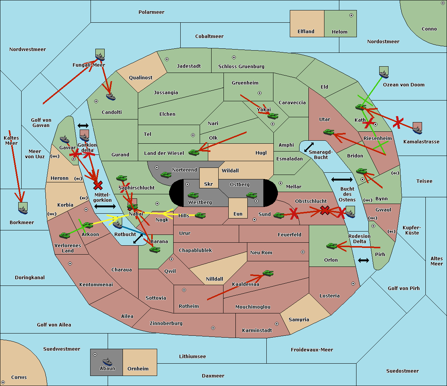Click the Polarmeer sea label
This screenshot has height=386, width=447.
point(151,12)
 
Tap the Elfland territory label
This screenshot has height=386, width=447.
point(306,32)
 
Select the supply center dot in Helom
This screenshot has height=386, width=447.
point(351,15)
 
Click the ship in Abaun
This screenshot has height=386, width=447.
point(107,361)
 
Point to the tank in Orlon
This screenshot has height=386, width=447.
point(332,246)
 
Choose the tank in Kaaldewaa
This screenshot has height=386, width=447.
point(268,273)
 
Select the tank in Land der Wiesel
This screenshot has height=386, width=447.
point(194,152)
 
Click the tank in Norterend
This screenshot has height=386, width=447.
point(166,175)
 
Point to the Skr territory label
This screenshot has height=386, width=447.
point(208,184)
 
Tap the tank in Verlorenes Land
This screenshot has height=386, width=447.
point(64,235)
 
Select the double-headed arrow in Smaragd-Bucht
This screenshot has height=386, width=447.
point(309,147)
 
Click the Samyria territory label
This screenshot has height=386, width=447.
point(299,320)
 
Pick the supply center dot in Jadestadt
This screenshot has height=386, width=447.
point(167,59)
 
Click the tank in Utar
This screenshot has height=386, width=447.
point(329,132)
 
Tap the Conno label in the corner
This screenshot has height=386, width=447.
point(429,29)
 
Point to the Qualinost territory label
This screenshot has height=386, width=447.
point(140,78)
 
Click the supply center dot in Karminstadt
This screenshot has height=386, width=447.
point(277,324)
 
